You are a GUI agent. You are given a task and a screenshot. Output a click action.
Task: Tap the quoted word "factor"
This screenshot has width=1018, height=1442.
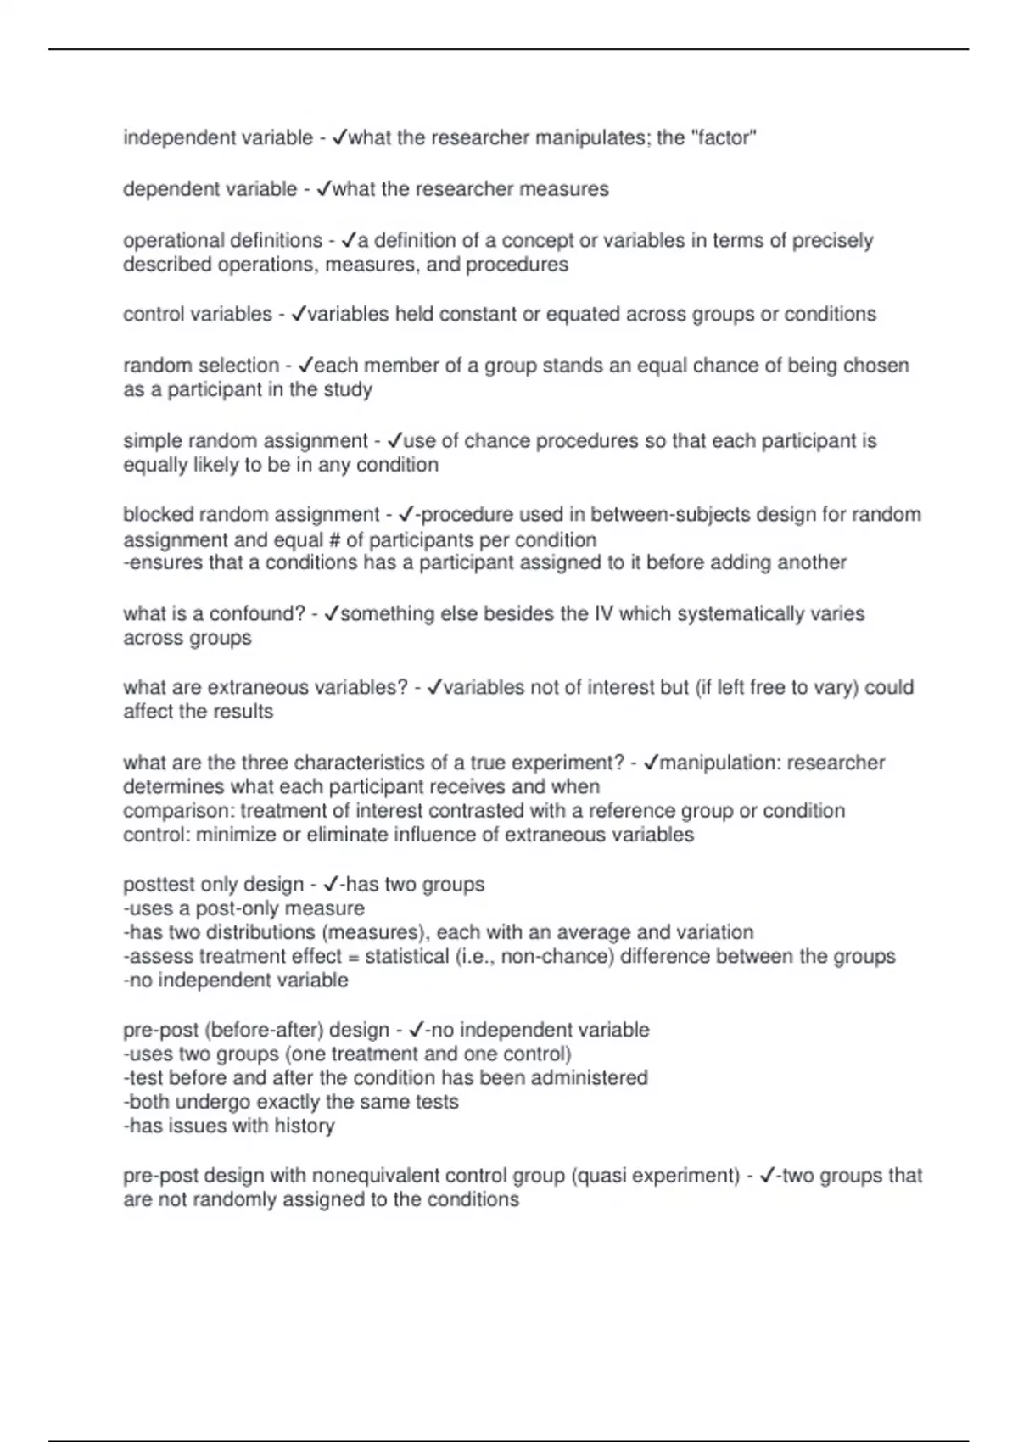(x=724, y=137)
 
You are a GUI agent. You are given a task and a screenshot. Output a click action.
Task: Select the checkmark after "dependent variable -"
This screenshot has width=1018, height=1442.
(x=323, y=189)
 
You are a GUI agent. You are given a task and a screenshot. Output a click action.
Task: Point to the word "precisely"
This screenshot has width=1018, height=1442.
(x=832, y=241)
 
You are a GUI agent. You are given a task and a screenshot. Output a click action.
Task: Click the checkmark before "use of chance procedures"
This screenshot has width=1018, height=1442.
(x=394, y=441)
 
